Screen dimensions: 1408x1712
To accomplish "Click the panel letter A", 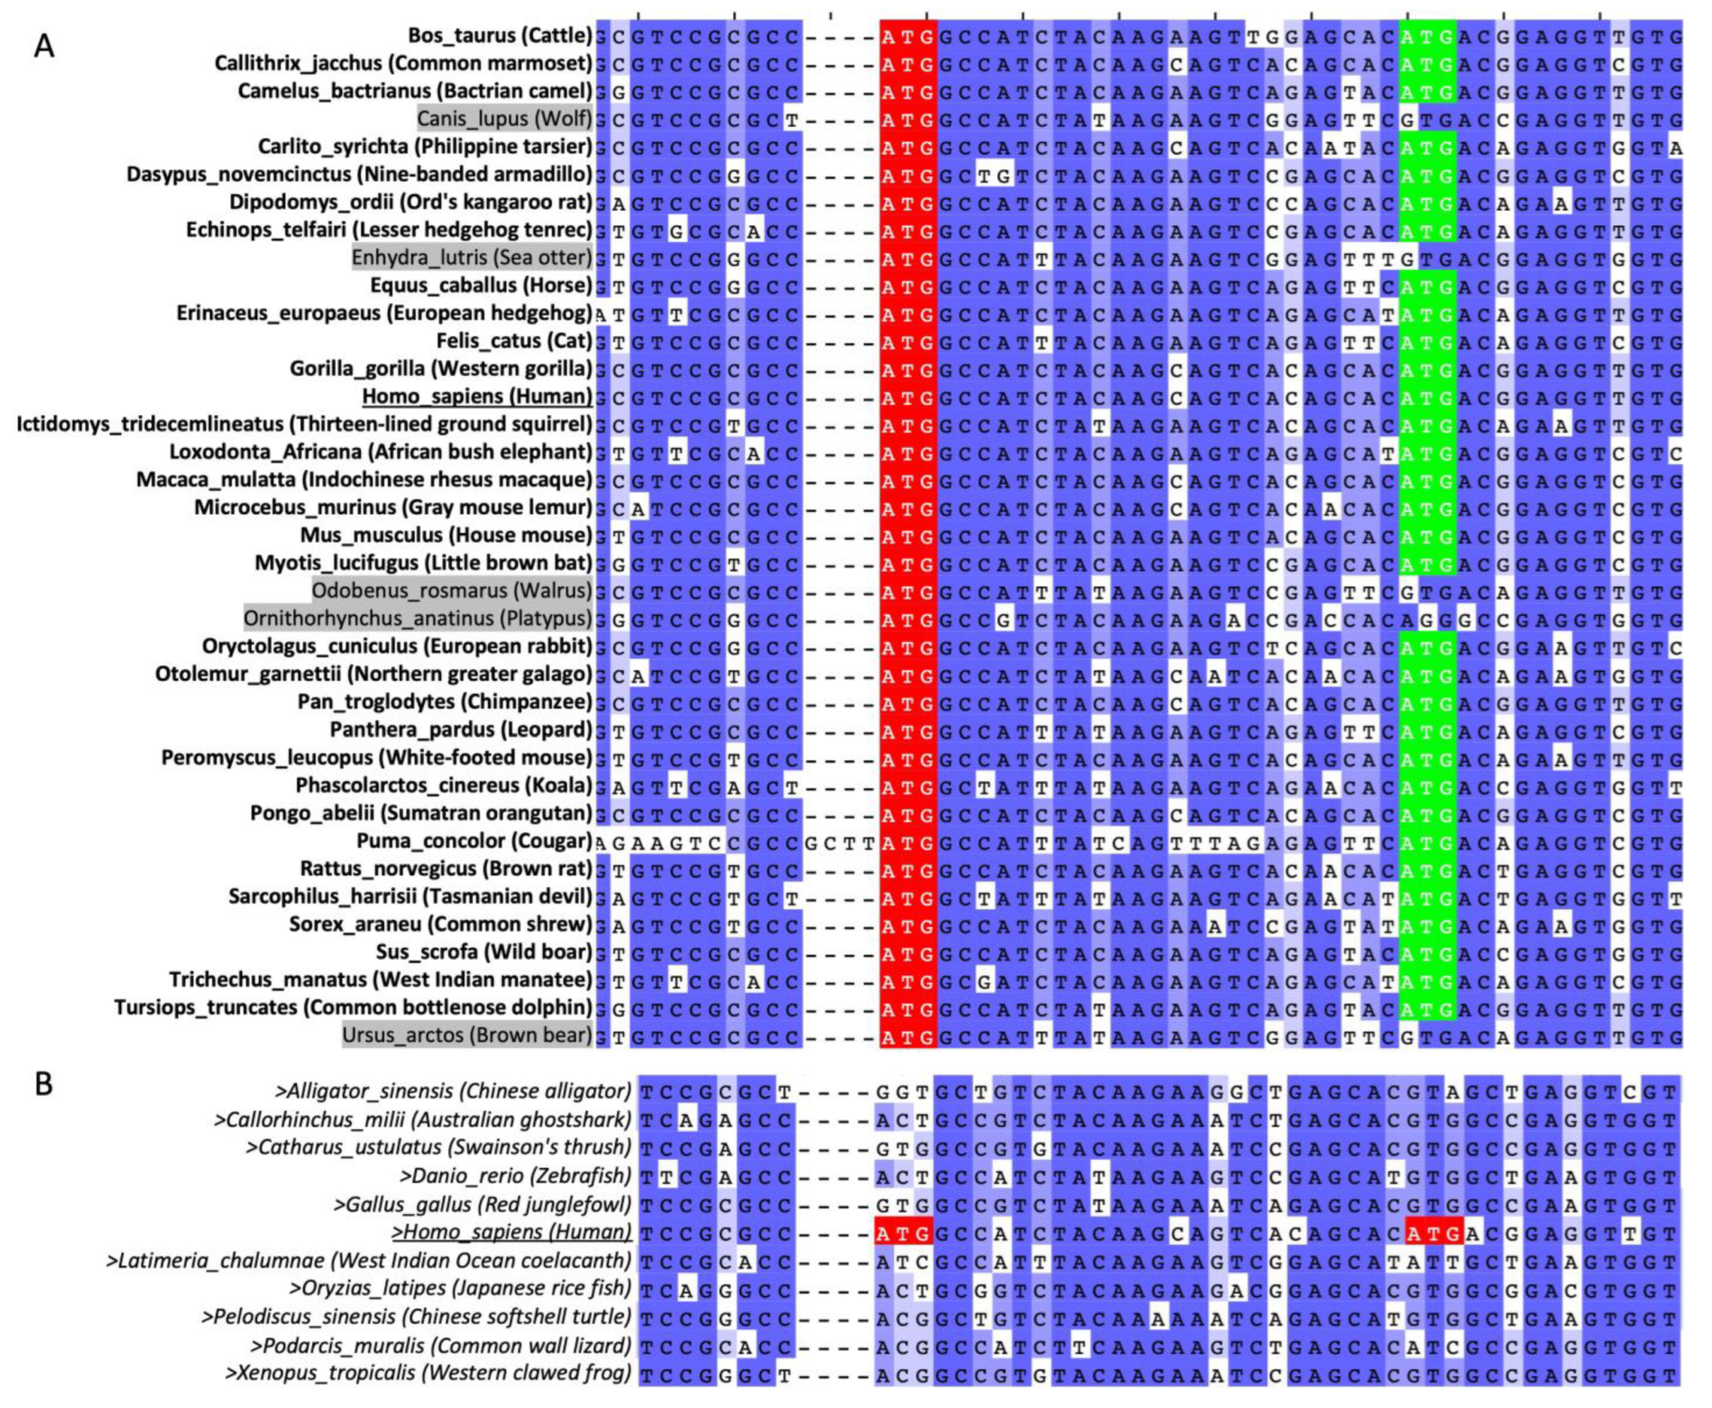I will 44,47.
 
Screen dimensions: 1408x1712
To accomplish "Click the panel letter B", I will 44,1084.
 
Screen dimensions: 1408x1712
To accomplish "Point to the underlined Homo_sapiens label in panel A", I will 477,396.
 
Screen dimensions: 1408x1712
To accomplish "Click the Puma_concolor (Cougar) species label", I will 475,840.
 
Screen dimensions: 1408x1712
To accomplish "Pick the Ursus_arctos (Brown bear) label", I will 466,1035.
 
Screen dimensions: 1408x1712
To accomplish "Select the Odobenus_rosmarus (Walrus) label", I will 452,590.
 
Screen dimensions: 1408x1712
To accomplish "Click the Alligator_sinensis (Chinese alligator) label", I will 453,1091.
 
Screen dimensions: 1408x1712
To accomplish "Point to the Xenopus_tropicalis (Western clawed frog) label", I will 428,1373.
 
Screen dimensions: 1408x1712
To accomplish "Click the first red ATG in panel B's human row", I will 903,1233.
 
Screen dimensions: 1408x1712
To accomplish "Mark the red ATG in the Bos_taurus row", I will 908,36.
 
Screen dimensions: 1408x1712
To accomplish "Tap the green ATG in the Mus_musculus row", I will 1427,535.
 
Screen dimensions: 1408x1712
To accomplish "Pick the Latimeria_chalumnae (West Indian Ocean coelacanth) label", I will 369,1260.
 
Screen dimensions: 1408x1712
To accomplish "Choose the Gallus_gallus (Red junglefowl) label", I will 481,1204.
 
